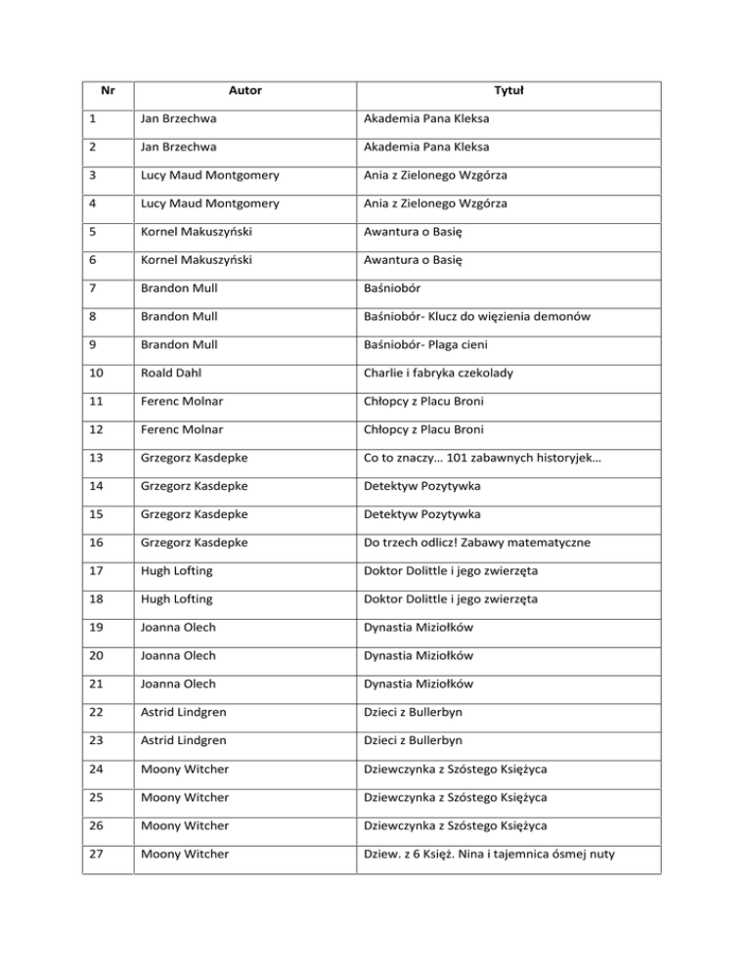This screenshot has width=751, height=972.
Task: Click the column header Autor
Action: [x=244, y=91]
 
